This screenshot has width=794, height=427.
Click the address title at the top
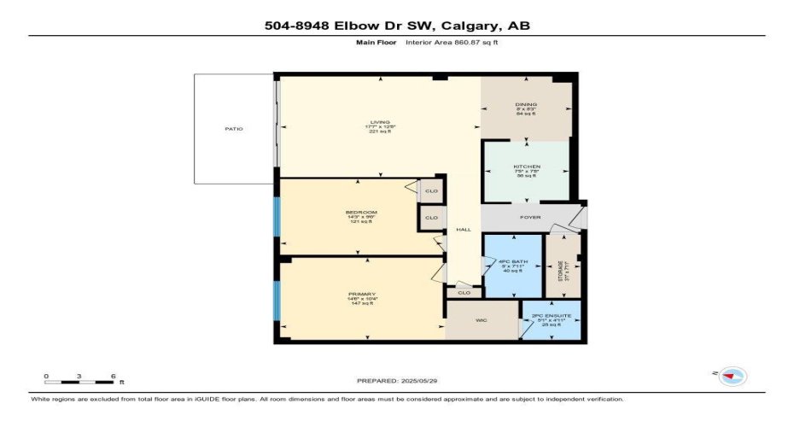[x=397, y=26]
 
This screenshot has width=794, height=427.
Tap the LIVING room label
[x=378, y=122]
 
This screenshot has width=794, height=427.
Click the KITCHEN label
[x=527, y=167]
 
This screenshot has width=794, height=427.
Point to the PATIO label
[x=234, y=129]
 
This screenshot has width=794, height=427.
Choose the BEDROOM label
[x=361, y=212]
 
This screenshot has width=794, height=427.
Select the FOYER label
[x=531, y=217]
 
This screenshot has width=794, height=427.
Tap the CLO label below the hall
[x=464, y=293]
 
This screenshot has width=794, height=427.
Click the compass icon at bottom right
[x=733, y=376]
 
